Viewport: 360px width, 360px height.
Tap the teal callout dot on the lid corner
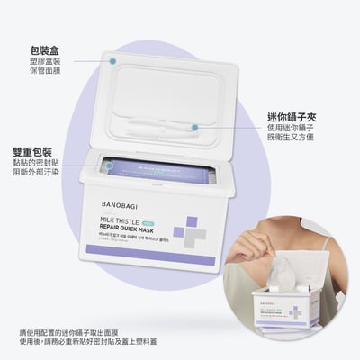point(113,60)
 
